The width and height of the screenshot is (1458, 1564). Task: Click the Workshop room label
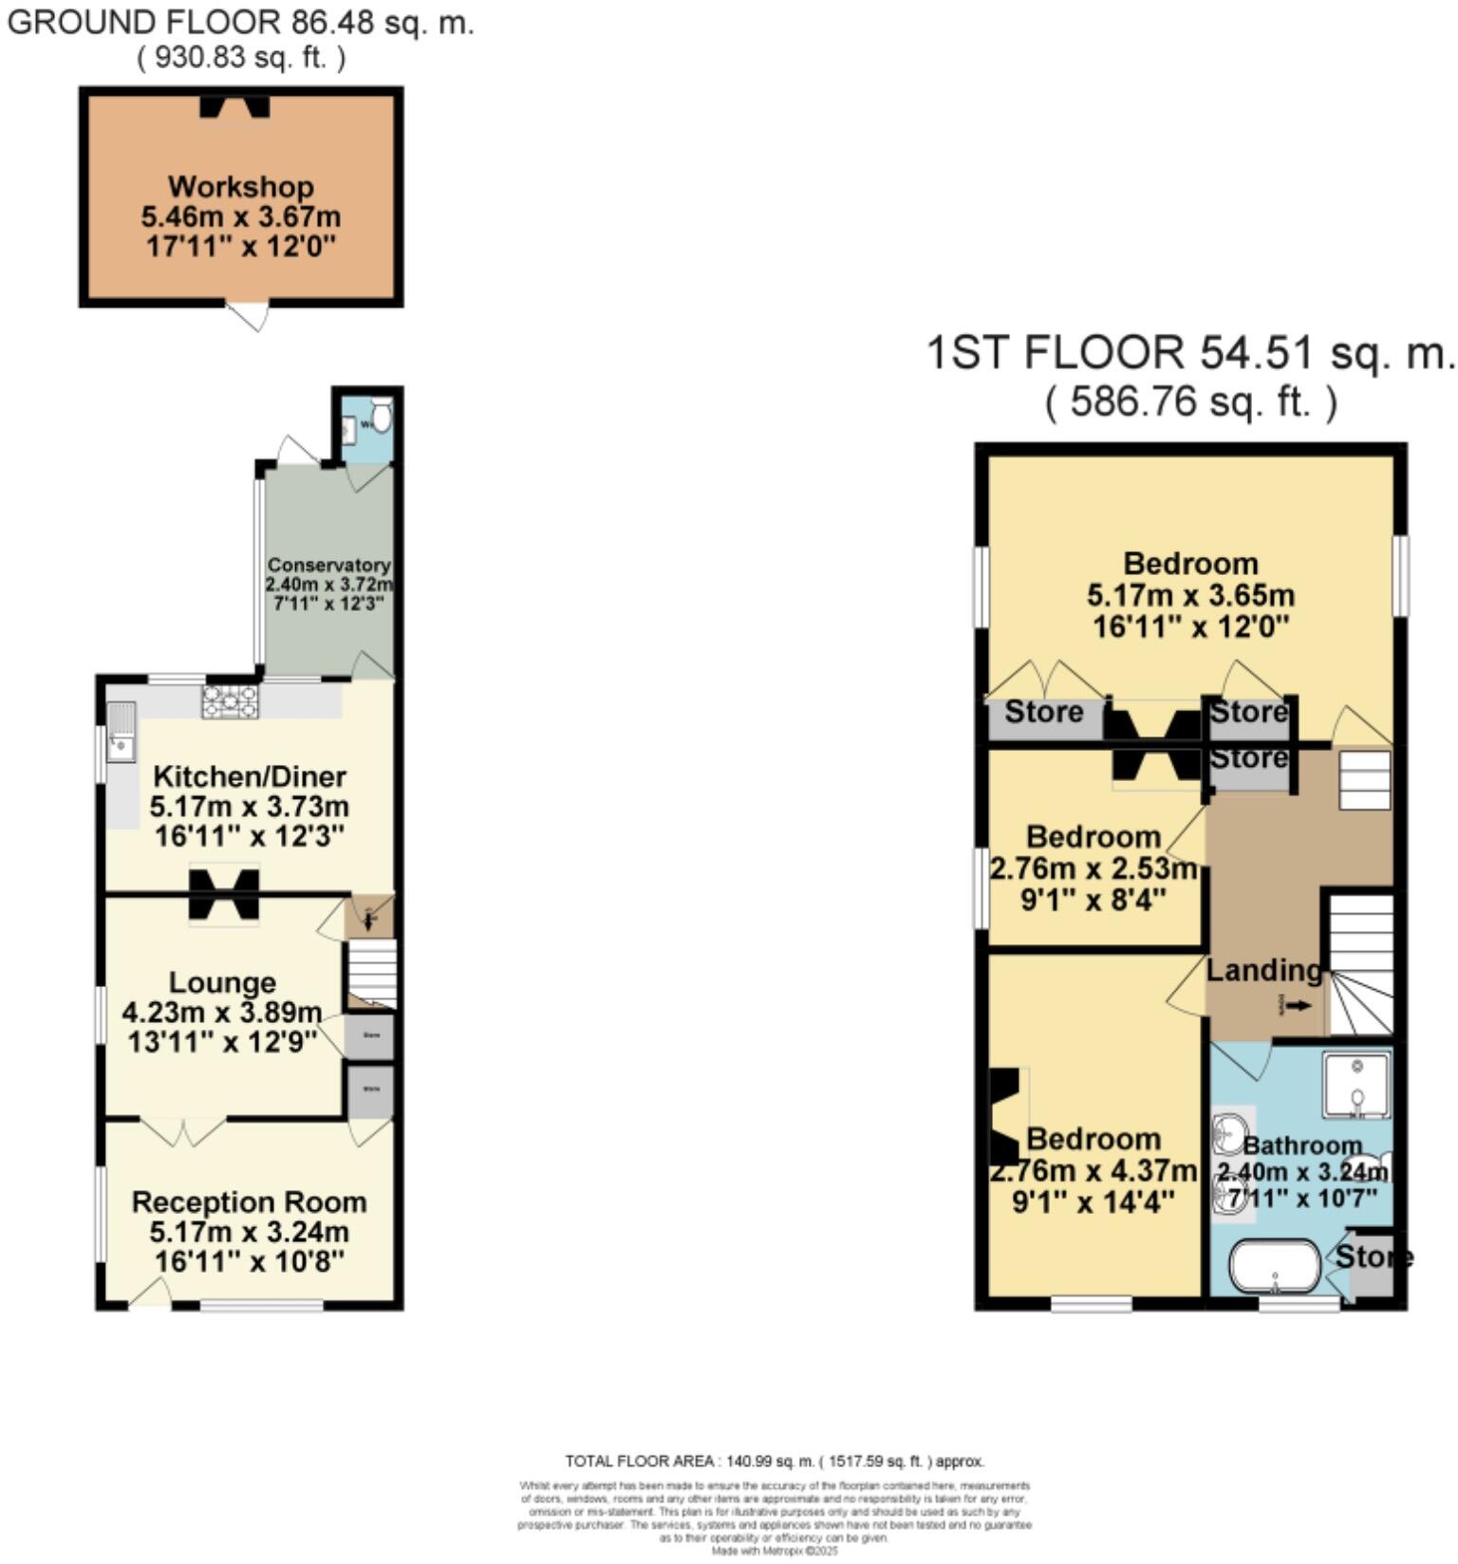coord(241,187)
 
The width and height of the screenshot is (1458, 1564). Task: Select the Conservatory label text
coord(328,566)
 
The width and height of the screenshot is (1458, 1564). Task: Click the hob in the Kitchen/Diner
coord(230,701)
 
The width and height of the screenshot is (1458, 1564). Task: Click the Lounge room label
coord(222,982)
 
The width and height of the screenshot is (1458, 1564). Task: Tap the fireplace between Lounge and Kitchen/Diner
coord(224,894)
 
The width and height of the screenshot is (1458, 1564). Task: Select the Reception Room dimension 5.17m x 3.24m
coord(249,1233)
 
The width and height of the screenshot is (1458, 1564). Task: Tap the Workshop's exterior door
coord(249,314)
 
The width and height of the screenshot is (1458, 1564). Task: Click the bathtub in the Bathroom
coord(1275,1266)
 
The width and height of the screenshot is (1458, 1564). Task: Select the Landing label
coord(1263,971)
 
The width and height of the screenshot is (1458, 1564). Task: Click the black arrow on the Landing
coord(1299,1006)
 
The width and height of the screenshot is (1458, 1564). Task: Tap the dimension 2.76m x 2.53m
coord(1093,868)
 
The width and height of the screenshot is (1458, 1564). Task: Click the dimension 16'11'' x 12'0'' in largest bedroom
coord(1190,627)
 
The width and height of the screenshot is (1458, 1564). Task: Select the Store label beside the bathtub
coord(1374,1257)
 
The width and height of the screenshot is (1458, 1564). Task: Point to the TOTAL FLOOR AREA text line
coord(774,1462)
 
